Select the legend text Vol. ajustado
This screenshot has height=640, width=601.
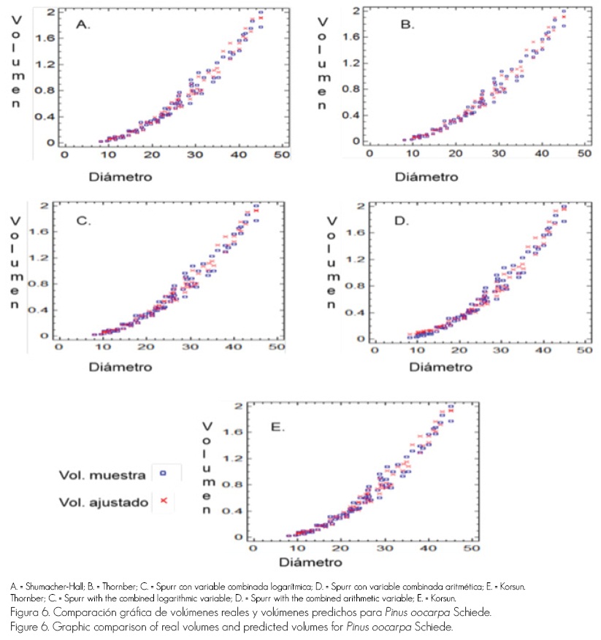(104, 502)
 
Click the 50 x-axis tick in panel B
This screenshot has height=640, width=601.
(582, 154)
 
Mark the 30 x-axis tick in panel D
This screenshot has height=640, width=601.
(500, 351)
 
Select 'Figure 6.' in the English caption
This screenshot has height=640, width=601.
(29, 627)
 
